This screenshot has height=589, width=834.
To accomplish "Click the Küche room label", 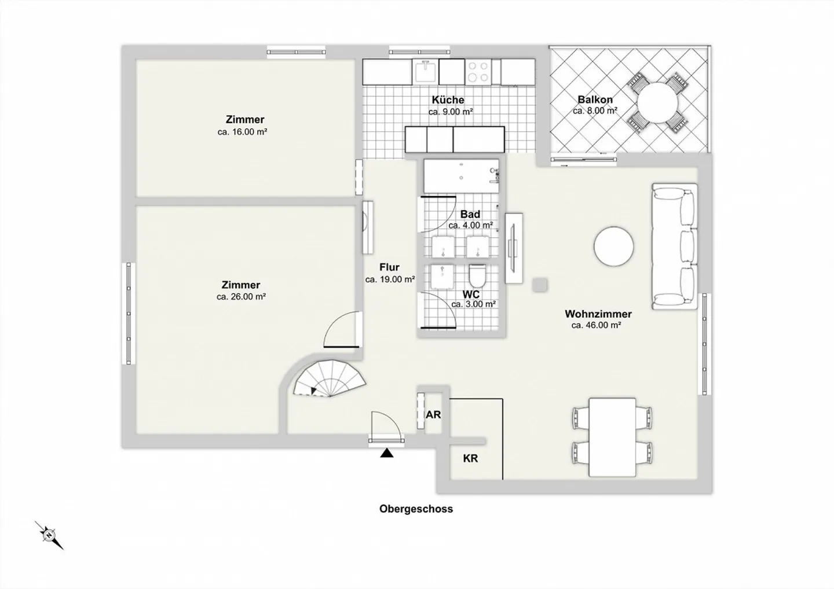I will (448, 100).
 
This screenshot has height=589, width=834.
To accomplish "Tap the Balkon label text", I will (595, 100).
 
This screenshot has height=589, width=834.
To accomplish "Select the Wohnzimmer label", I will (598, 314).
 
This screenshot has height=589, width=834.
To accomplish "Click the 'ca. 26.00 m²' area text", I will (241, 297).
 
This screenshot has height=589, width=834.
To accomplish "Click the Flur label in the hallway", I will (389, 267).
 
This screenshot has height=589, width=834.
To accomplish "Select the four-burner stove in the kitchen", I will (479, 72).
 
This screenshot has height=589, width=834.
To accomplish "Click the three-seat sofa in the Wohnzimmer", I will (675, 246).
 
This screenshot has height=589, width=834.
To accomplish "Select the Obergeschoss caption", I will (416, 509).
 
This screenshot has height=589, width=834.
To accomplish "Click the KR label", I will (470, 458).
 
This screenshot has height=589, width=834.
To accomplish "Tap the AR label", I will (433, 415).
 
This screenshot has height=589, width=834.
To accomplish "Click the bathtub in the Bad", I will (460, 176).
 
